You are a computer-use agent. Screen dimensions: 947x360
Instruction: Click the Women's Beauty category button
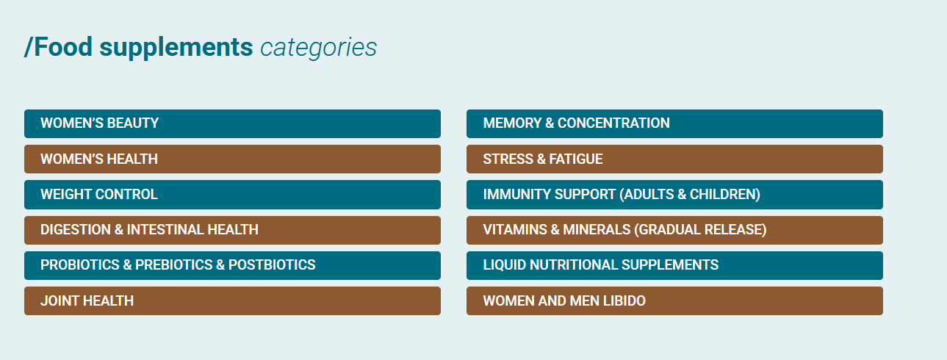click(x=232, y=124)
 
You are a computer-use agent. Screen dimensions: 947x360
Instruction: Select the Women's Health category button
click(x=232, y=159)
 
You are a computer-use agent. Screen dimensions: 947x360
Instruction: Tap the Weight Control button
click(x=232, y=195)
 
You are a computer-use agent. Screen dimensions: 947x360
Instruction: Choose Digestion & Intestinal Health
click(x=232, y=230)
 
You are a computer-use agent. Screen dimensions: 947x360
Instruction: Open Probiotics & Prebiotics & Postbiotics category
click(x=232, y=266)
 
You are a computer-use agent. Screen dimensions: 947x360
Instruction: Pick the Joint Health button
click(x=232, y=300)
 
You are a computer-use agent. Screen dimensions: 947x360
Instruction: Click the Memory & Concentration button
click(x=674, y=124)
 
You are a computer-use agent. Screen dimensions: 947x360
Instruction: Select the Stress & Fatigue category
click(x=674, y=159)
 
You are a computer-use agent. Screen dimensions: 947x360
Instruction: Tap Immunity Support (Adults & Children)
click(x=674, y=195)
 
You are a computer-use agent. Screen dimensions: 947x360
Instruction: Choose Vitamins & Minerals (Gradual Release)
click(x=674, y=230)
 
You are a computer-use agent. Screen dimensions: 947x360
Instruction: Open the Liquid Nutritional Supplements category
click(x=674, y=266)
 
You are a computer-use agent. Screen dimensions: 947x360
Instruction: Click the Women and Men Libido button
click(x=674, y=300)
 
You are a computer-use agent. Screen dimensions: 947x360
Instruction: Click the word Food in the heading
click(x=63, y=46)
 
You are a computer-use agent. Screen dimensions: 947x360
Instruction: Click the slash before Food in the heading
click(x=29, y=46)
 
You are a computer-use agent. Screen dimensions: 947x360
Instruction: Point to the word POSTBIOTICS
click(x=272, y=265)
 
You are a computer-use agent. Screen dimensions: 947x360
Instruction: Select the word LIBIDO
click(x=624, y=300)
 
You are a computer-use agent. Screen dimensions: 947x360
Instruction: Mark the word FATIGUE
click(x=576, y=159)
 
